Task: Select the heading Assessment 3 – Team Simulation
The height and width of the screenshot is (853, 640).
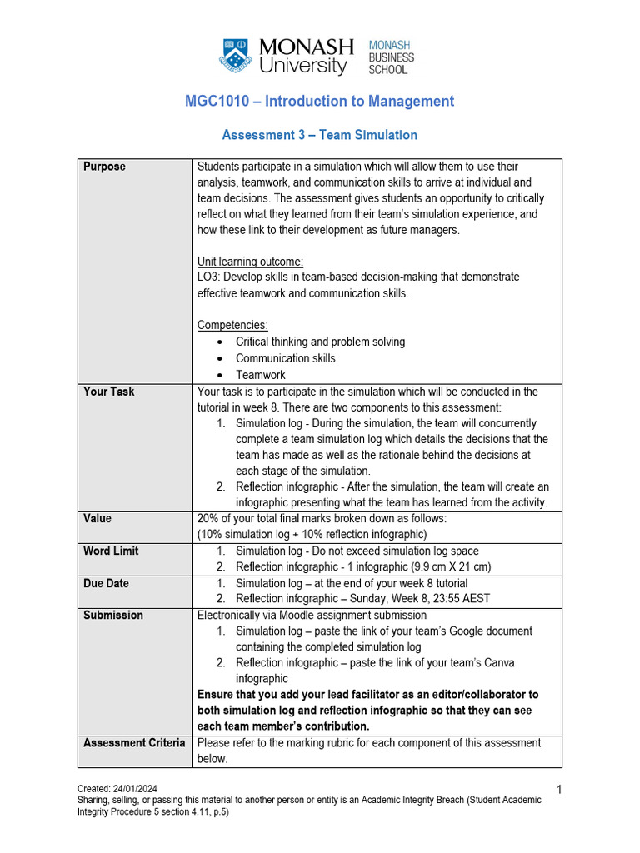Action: point(319,135)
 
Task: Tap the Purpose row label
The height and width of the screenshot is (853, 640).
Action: point(104,167)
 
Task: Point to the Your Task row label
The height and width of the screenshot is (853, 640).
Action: point(108,392)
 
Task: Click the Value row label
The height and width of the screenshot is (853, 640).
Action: point(97,518)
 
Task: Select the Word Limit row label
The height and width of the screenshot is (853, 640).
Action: point(111,551)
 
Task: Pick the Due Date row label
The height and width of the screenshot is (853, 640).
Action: point(106,583)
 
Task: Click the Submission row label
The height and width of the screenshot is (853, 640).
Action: point(113,615)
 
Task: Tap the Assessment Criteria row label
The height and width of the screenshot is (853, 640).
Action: point(134,742)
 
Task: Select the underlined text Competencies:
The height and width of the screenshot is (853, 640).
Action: point(232,325)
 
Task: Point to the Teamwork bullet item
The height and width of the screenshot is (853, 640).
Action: point(260,375)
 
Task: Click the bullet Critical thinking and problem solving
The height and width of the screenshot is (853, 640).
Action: point(320,342)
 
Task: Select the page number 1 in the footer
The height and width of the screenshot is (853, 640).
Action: point(557,788)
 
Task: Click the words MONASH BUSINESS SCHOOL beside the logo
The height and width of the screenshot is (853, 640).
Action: point(391,57)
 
